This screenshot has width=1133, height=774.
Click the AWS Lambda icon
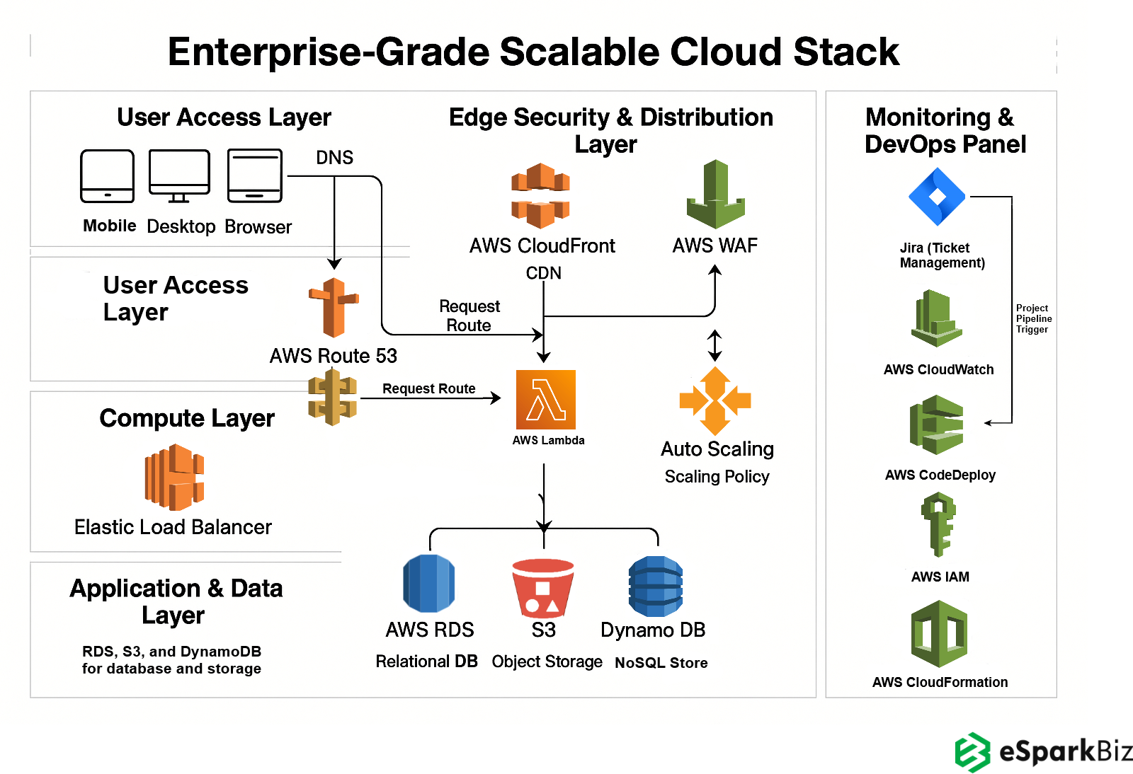coord(545,400)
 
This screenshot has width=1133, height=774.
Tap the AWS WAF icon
coord(715,195)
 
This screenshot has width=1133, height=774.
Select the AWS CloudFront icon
coord(541,196)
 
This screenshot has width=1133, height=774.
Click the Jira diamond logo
coord(937,197)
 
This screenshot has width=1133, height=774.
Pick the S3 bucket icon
coord(543,588)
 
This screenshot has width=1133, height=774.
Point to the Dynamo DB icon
coord(656,586)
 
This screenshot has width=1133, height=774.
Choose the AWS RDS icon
coord(429,584)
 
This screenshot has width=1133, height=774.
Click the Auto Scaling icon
coord(715,400)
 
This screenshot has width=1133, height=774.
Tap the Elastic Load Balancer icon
coord(174,478)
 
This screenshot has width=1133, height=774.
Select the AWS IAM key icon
coord(939,524)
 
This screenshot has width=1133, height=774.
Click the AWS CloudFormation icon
coord(939,634)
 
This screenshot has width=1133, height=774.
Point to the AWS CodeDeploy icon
coord(937,424)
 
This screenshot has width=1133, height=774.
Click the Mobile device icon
coord(108,176)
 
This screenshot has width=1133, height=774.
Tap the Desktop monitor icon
coord(179,175)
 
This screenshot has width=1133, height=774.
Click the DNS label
coord(334,157)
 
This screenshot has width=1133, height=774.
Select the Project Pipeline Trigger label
coord(1033,318)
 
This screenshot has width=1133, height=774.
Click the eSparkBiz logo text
coord(1065,751)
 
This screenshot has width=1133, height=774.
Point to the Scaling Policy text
coord(717,477)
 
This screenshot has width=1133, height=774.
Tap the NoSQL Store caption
coord(661,663)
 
